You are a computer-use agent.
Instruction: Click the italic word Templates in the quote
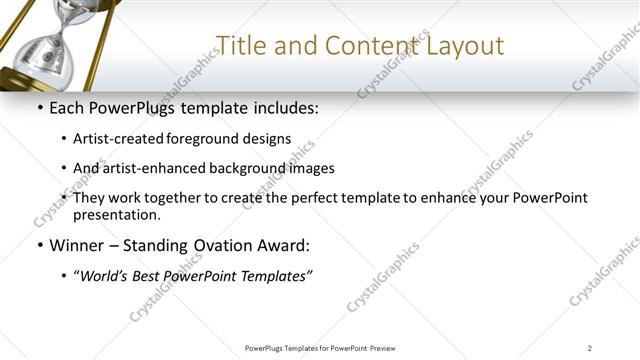274,275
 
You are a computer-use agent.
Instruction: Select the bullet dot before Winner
38,245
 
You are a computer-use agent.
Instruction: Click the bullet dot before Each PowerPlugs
38,108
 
